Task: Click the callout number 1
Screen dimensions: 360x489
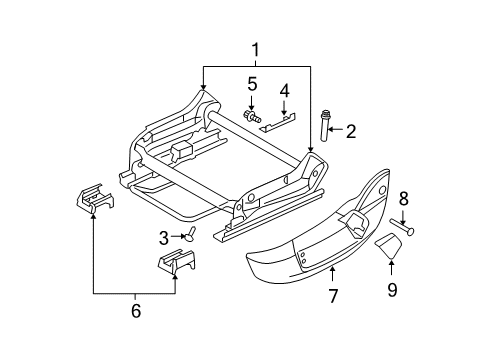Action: pos(256,49)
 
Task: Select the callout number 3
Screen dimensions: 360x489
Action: pos(164,236)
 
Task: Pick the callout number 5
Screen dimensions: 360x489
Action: pos(253,85)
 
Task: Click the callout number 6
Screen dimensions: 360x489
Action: pos(135,310)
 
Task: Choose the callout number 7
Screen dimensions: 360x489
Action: pos(334,295)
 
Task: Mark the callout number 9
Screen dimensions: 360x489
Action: pos(392,290)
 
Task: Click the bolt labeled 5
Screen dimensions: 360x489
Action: pos(249,116)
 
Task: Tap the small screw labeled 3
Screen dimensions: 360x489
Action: pos(189,236)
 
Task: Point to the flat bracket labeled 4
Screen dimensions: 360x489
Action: pos(280,121)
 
